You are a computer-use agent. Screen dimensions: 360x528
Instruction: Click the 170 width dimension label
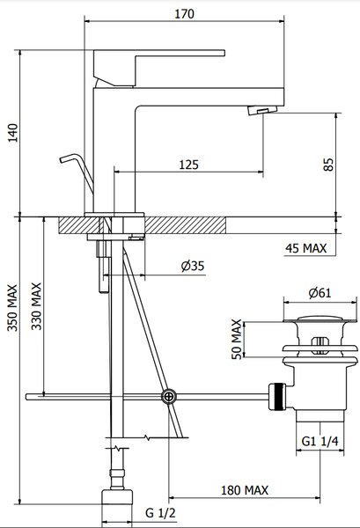[x=184, y=14]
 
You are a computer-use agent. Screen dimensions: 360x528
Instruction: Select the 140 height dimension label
[x=13, y=133]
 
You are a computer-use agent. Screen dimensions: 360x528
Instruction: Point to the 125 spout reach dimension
[x=188, y=165]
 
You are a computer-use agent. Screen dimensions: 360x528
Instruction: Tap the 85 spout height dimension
[x=328, y=164]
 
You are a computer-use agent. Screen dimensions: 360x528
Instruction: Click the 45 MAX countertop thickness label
[x=305, y=248]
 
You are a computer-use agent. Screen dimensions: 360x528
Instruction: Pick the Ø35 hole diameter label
[x=193, y=266]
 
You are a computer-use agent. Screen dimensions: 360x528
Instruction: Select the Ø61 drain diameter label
[x=320, y=293]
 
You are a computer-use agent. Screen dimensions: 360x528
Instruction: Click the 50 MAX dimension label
[x=237, y=339]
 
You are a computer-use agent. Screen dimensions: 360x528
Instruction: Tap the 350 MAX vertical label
[x=12, y=307]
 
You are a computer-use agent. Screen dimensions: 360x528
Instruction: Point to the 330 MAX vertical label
[x=36, y=306]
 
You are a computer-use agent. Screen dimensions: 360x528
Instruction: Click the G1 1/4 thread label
[x=320, y=441]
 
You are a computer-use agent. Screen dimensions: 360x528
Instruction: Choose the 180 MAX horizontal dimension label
[x=245, y=490]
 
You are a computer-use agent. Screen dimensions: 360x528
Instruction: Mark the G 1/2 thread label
[x=160, y=513]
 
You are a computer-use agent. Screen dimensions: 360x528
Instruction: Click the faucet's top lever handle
[x=159, y=68]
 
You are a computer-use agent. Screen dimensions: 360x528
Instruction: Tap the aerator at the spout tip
[x=262, y=110]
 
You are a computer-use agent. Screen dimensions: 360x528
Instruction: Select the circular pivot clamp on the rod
[x=168, y=397]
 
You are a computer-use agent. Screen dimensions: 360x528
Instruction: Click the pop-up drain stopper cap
[x=320, y=319]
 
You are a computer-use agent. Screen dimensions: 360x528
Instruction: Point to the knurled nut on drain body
[x=277, y=396]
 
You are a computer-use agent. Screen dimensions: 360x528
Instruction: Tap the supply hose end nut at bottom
[x=117, y=497]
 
